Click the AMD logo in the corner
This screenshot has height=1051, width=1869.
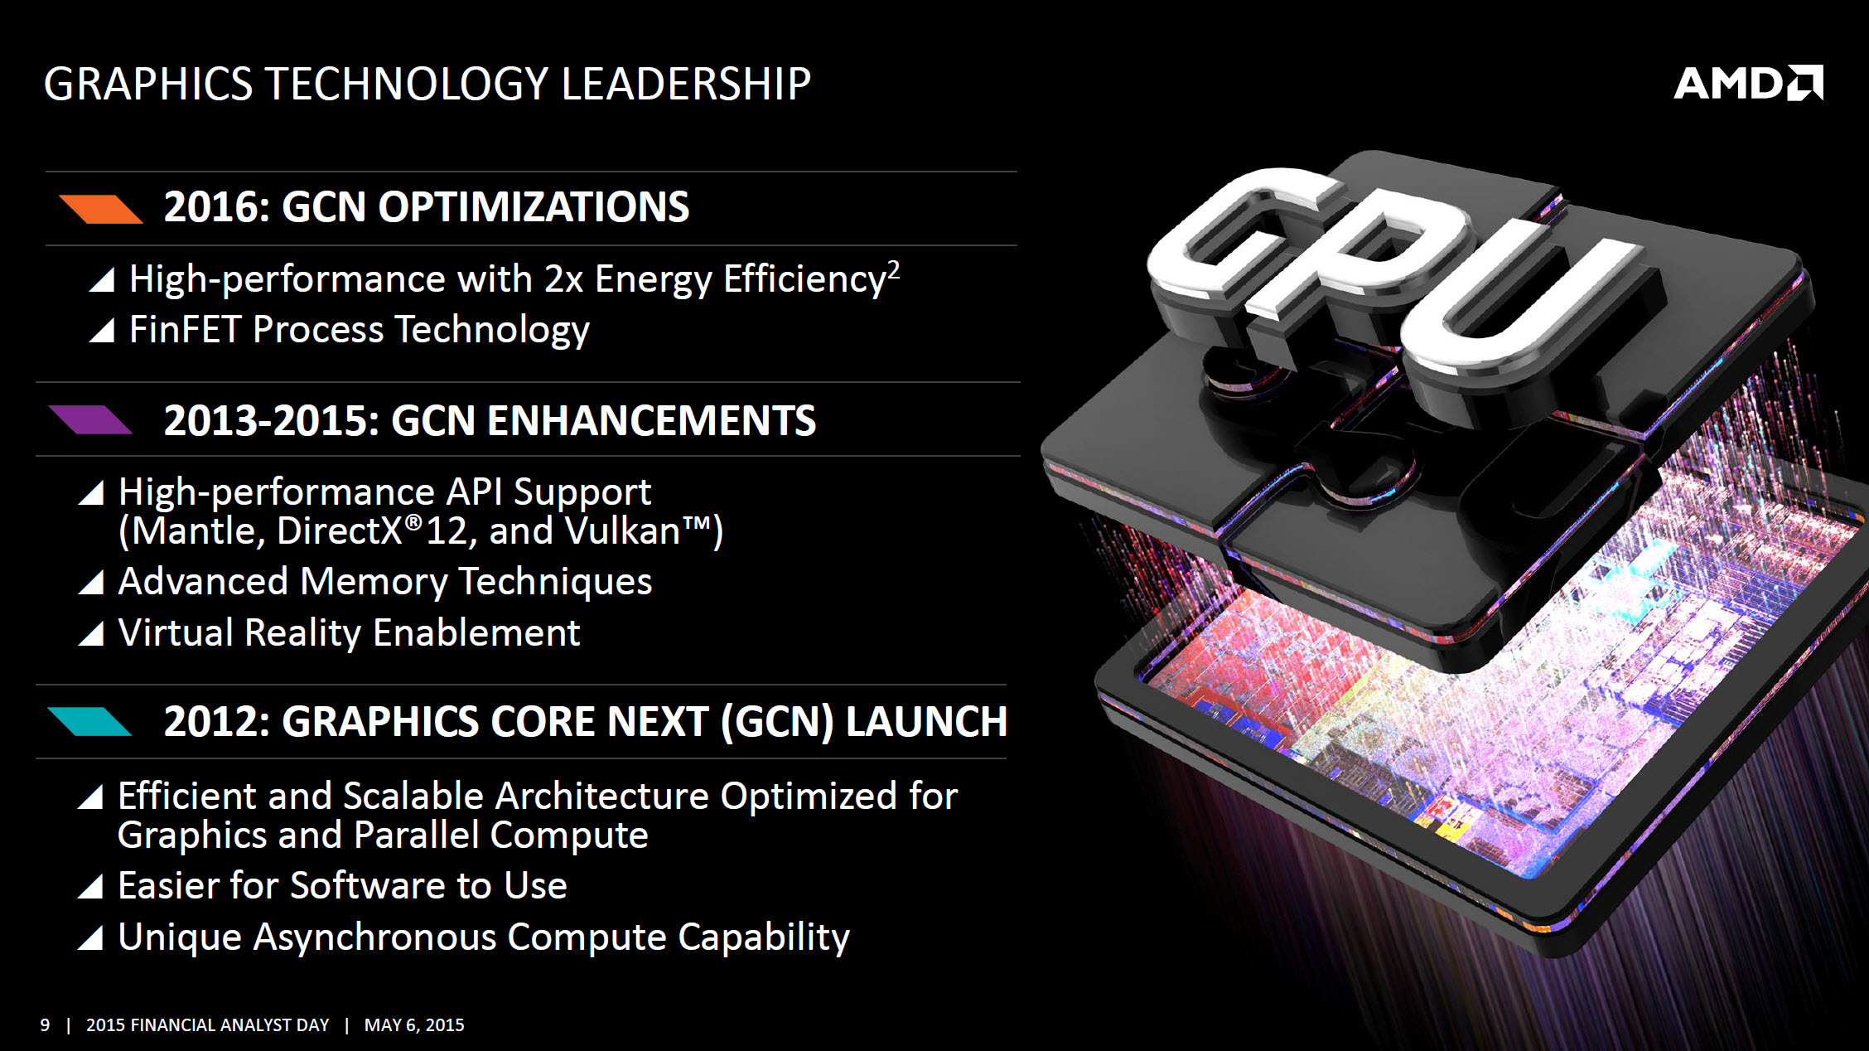pos(1748,83)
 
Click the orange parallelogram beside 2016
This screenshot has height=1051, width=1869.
pos(100,210)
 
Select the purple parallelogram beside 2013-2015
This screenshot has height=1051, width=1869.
pos(89,420)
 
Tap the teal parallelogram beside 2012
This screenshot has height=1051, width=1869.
pos(89,722)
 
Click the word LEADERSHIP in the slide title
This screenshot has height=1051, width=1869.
pos(686,84)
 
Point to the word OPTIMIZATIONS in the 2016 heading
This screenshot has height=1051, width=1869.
pos(534,207)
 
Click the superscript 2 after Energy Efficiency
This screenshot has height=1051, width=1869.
pos(893,270)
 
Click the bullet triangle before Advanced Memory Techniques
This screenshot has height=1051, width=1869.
pos(91,583)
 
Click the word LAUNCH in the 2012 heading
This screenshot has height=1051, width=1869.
pos(926,722)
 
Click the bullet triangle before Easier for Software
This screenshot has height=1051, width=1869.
pos(90,887)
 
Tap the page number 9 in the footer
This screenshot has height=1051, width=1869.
pos(45,1025)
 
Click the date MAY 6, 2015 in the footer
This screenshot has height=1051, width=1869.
pos(414,1025)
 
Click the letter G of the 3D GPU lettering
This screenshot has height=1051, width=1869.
pos(1243,249)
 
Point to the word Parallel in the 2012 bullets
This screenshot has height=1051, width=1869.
pos(417,835)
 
